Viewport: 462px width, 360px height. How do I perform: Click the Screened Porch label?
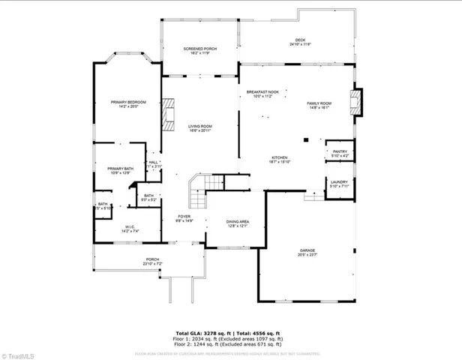pos(199,50)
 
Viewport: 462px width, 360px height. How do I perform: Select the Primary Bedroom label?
pos(127,103)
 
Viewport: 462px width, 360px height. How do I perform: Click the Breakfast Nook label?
pos(262,94)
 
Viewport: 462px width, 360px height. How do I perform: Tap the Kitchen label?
pos(280,159)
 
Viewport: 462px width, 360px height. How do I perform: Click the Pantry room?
pos(335,153)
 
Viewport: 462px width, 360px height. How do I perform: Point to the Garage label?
pos(307,252)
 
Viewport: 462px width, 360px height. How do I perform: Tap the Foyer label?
pos(184,218)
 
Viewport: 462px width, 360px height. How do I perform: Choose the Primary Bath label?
pos(120,171)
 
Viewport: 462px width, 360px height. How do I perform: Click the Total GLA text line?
pos(227,332)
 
